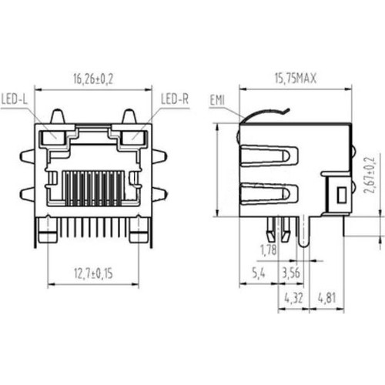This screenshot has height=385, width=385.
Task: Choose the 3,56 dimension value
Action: pyautogui.click(x=291, y=273)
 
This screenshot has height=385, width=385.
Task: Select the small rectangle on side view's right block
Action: pyautogui.click(x=336, y=194)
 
